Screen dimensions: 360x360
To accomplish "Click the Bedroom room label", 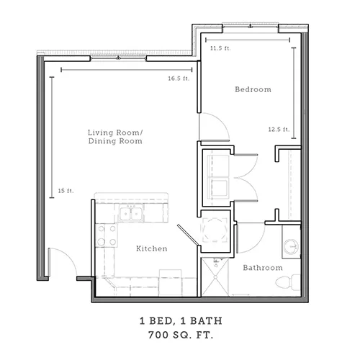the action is (x=253, y=89).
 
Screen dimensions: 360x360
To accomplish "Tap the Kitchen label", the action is (x=152, y=248).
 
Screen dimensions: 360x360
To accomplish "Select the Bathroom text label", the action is (x=263, y=268).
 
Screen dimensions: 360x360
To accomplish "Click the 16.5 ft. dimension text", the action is (x=179, y=78).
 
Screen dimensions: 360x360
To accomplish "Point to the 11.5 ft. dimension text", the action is (x=220, y=48).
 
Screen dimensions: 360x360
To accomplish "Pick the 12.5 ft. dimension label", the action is (x=279, y=130).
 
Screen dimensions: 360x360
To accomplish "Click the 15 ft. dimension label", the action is (x=66, y=191).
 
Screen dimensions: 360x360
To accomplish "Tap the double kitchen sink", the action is (x=131, y=213).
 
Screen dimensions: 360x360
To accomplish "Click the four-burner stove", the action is (x=107, y=235).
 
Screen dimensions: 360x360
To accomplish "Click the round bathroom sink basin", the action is (x=291, y=246).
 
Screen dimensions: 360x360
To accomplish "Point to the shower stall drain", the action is (x=215, y=277).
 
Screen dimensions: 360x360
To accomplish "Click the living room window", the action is (x=118, y=58).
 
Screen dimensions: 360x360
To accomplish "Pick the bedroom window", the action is (x=251, y=26).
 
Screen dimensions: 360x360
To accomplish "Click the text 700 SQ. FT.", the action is (x=181, y=335).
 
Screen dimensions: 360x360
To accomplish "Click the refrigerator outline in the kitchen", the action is (x=171, y=282).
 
